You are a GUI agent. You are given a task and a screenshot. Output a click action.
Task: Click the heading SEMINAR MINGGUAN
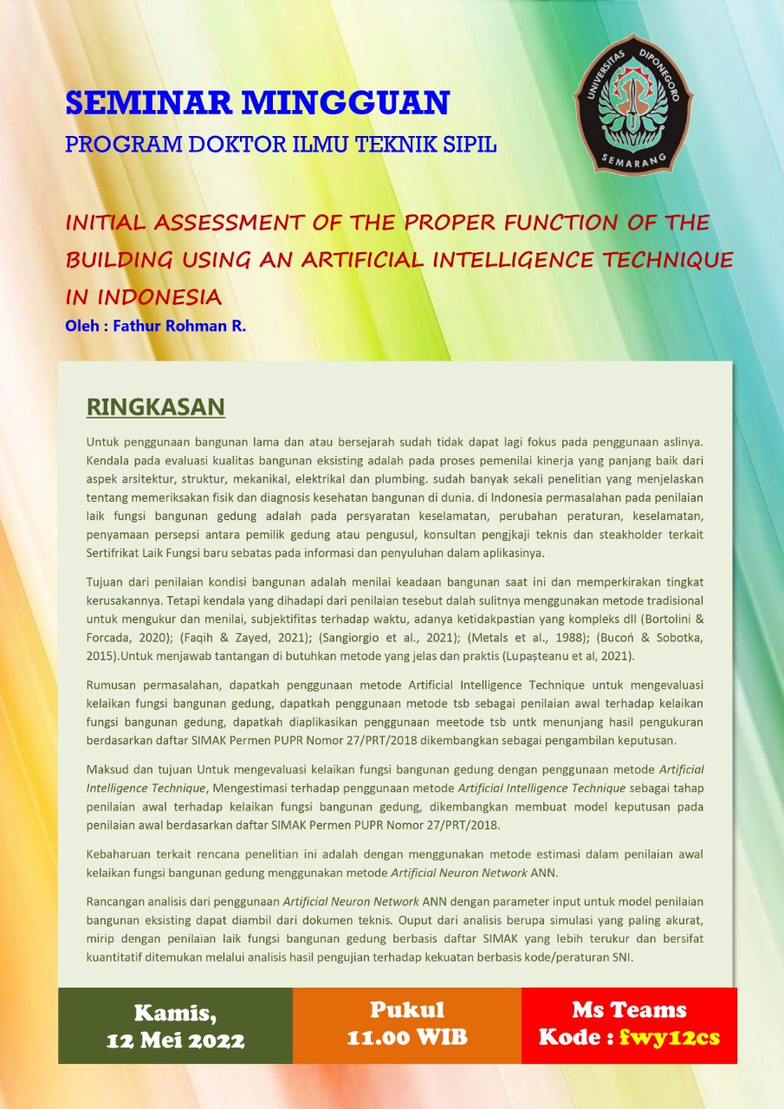click(x=257, y=103)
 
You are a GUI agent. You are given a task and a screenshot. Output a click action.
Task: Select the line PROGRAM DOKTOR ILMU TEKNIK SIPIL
click(x=281, y=144)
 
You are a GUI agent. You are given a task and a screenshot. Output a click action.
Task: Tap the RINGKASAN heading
click(x=156, y=407)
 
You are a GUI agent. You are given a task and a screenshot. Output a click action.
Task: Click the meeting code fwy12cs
click(x=670, y=1037)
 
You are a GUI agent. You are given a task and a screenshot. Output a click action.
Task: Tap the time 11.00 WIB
click(x=406, y=1037)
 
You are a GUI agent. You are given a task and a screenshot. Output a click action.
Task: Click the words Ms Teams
click(x=629, y=1009)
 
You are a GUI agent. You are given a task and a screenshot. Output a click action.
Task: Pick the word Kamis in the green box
click(x=175, y=1012)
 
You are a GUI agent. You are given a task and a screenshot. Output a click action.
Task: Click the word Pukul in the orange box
click(x=406, y=1009)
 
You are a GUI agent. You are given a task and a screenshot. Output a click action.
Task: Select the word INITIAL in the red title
click(x=107, y=223)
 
